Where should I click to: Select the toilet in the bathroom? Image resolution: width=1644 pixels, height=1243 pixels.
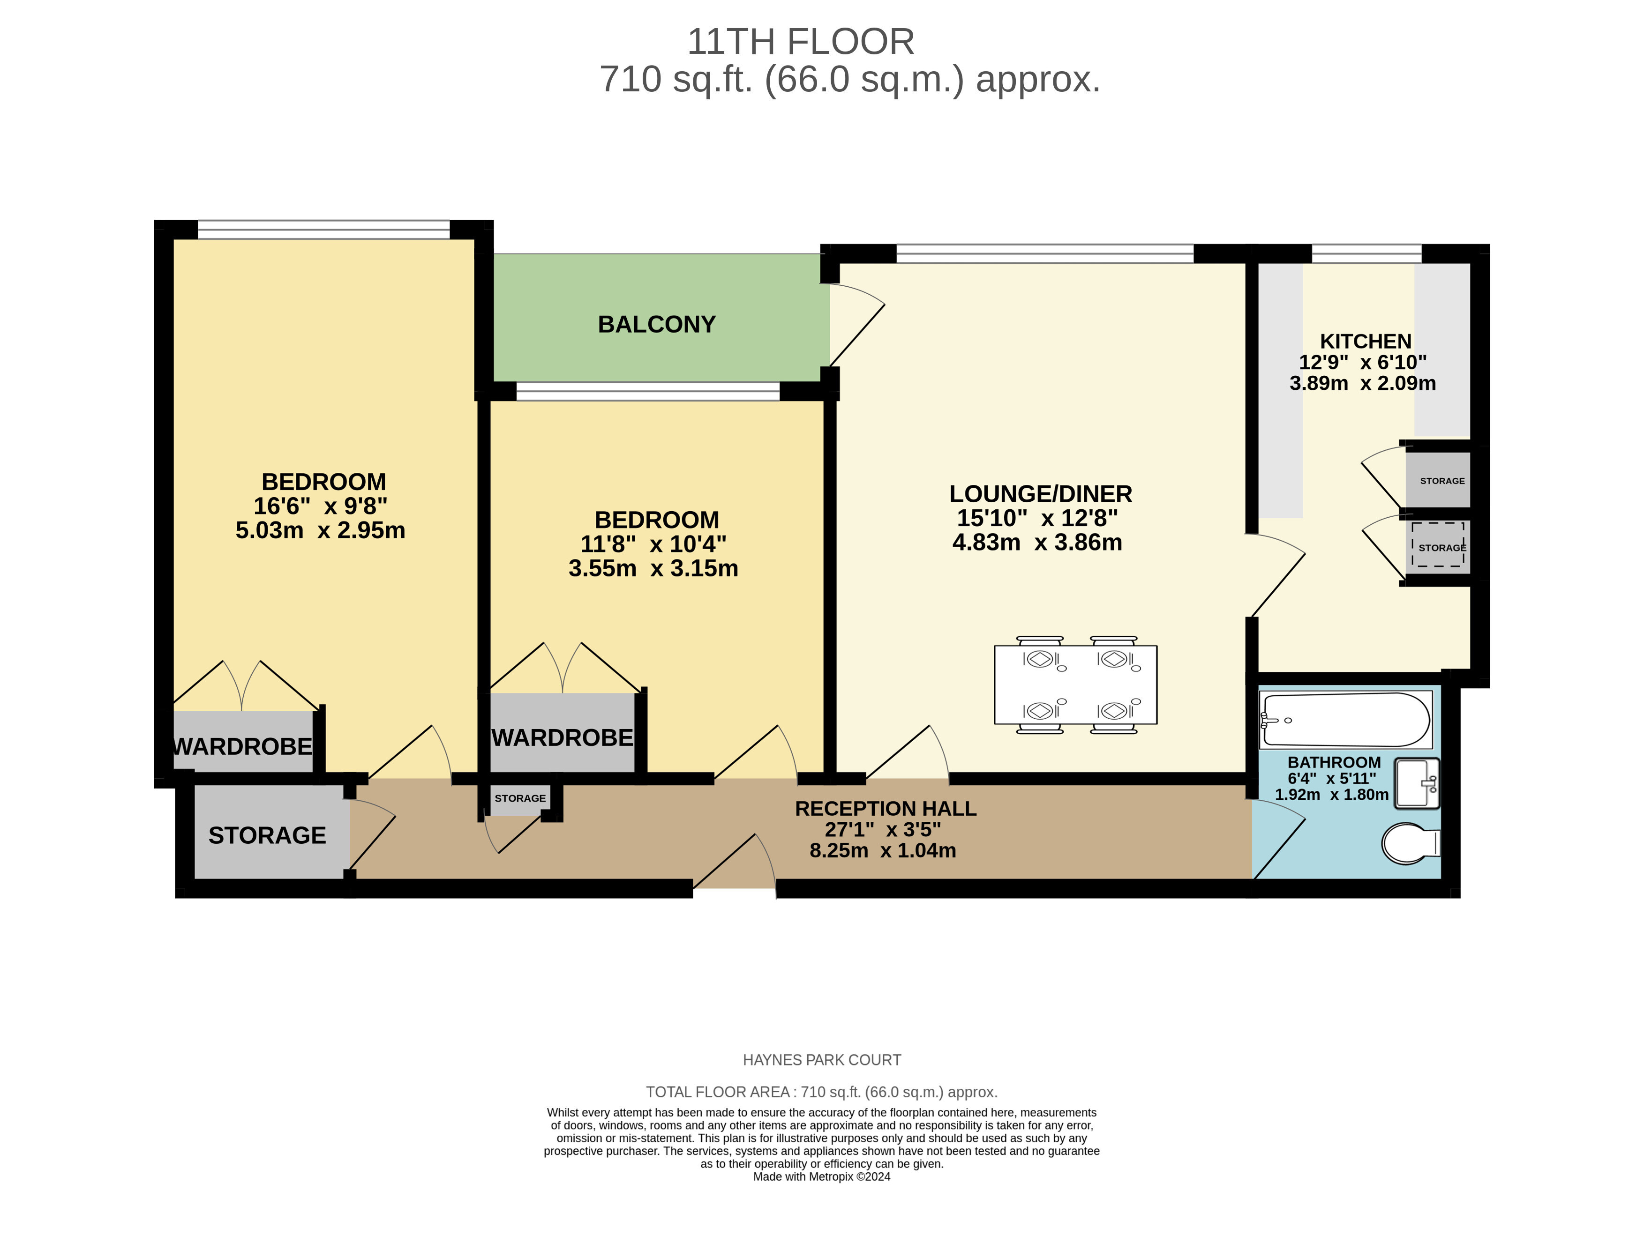(1411, 843)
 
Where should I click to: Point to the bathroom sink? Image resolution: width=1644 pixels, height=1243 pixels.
(1417, 783)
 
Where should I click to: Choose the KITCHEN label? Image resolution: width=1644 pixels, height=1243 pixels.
(1365, 342)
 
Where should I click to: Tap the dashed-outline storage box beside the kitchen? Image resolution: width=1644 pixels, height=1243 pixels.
(1438, 544)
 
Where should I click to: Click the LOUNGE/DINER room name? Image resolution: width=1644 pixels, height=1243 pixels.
(1041, 494)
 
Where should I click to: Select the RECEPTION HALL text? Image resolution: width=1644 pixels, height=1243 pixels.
(885, 809)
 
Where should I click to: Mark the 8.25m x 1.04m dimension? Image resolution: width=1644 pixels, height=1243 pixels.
(883, 851)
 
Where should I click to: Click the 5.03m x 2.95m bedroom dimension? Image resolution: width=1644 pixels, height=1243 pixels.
(320, 530)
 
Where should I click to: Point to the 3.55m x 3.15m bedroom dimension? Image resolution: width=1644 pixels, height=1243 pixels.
(653, 568)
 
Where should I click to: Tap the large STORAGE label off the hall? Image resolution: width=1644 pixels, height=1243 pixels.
(267, 836)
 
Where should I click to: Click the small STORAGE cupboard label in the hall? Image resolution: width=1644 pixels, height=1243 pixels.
(520, 799)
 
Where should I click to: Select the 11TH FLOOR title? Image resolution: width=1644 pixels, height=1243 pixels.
(801, 42)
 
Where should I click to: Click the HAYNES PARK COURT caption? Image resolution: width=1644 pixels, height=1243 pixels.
(822, 1060)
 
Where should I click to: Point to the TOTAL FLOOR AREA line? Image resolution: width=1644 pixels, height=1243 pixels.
(821, 1092)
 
